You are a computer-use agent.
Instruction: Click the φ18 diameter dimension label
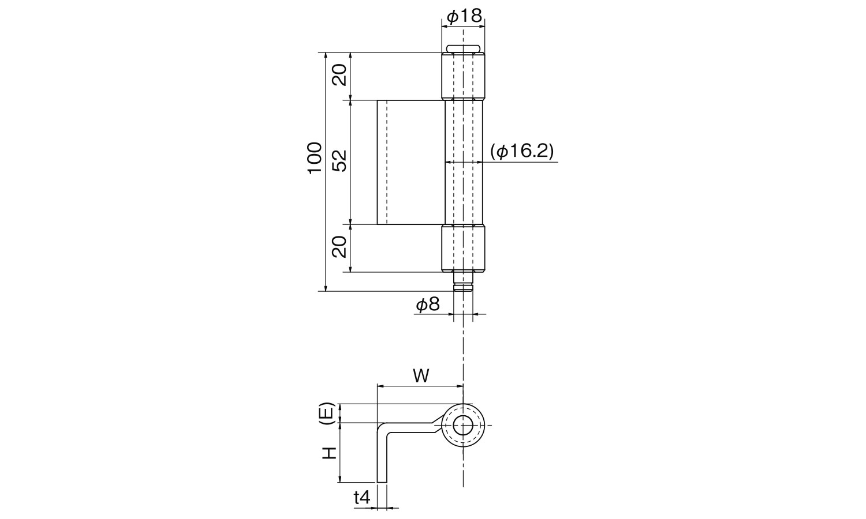click(464, 17)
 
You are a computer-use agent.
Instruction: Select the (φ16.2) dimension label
click(521, 152)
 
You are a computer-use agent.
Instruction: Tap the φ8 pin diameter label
click(427, 305)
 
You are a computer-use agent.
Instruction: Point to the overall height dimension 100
click(313, 159)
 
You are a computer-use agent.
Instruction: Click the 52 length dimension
click(339, 161)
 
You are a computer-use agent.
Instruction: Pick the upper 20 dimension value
click(339, 74)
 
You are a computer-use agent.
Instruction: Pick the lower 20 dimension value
click(339, 246)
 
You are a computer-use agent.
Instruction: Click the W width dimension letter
click(421, 376)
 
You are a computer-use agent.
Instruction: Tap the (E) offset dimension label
click(328, 413)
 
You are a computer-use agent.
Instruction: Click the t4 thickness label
click(361, 497)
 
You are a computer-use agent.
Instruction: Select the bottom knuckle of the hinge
click(463, 248)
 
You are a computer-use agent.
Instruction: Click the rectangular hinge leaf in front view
click(410, 162)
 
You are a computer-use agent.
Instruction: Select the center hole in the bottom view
click(462, 426)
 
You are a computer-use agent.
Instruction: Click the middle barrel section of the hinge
click(463, 162)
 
